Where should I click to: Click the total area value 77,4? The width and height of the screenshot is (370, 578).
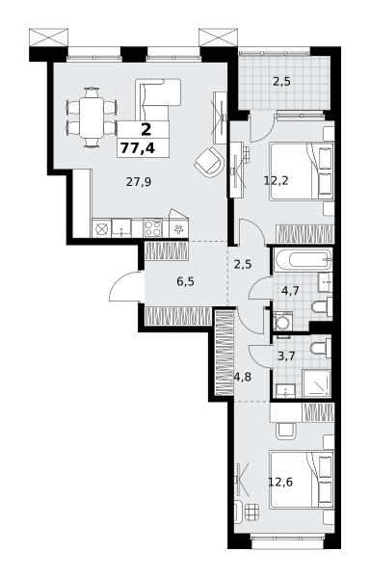pos(138,148)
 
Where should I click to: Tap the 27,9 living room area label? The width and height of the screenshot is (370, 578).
pos(139,182)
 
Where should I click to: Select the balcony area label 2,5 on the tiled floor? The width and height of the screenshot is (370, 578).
pos(281,82)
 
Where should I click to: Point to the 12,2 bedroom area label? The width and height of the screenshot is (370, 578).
pos(276,181)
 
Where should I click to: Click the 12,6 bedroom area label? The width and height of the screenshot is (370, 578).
pos(280,482)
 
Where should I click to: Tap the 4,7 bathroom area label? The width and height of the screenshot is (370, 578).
pos(290,291)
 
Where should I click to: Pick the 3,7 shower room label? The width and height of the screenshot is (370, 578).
pos(287,356)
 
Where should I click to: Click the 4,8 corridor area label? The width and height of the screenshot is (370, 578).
pos(242,378)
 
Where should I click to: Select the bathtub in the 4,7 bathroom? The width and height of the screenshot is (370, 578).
pos(303,259)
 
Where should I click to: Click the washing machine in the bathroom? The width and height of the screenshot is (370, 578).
pos(283,321)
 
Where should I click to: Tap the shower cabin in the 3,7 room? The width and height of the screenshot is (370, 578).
pos(317,383)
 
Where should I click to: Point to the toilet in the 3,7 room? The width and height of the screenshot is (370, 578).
pos(321,347)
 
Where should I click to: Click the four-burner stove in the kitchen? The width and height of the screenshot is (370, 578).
pos(153,227)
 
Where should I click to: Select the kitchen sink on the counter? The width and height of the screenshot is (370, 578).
pos(121,228)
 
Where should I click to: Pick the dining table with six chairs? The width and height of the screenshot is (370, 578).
pos(92,118)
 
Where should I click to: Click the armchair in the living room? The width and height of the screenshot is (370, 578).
pos(209,162)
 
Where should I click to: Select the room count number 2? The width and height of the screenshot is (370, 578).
pos(145,130)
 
